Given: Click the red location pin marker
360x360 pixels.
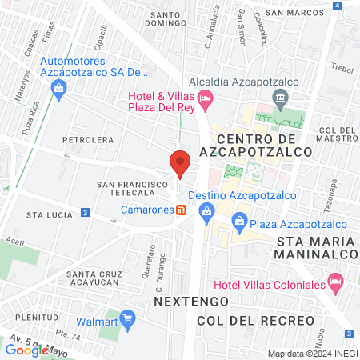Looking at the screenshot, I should [x=180, y=162].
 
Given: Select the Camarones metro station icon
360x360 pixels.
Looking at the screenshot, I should [x=182, y=210].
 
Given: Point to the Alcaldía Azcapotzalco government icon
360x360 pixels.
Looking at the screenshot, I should [x=281, y=99].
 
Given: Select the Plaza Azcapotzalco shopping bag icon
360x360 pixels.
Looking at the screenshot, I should [x=238, y=224].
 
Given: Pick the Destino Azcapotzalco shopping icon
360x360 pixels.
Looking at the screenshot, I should [x=207, y=210].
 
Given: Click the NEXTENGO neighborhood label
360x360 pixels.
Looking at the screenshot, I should [x=189, y=302].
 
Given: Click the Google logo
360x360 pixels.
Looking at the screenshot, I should [x=26, y=350].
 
